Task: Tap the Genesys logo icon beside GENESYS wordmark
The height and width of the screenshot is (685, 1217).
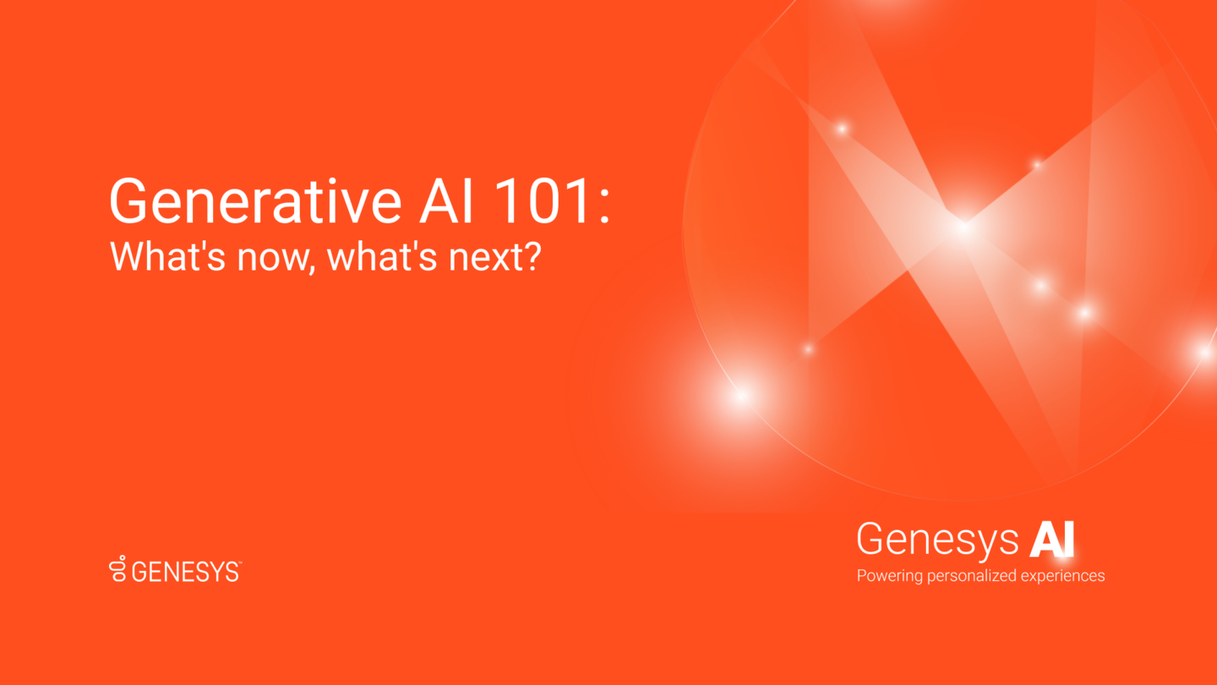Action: point(118,569)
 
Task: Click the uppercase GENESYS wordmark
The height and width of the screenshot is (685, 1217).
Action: point(185,572)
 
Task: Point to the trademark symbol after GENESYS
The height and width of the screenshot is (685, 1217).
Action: point(239,562)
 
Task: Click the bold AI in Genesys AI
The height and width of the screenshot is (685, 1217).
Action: point(1051,539)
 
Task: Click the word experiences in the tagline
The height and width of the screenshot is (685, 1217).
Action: point(1062,577)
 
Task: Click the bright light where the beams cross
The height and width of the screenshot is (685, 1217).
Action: point(963,226)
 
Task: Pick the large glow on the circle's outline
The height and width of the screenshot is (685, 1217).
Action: point(741,395)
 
